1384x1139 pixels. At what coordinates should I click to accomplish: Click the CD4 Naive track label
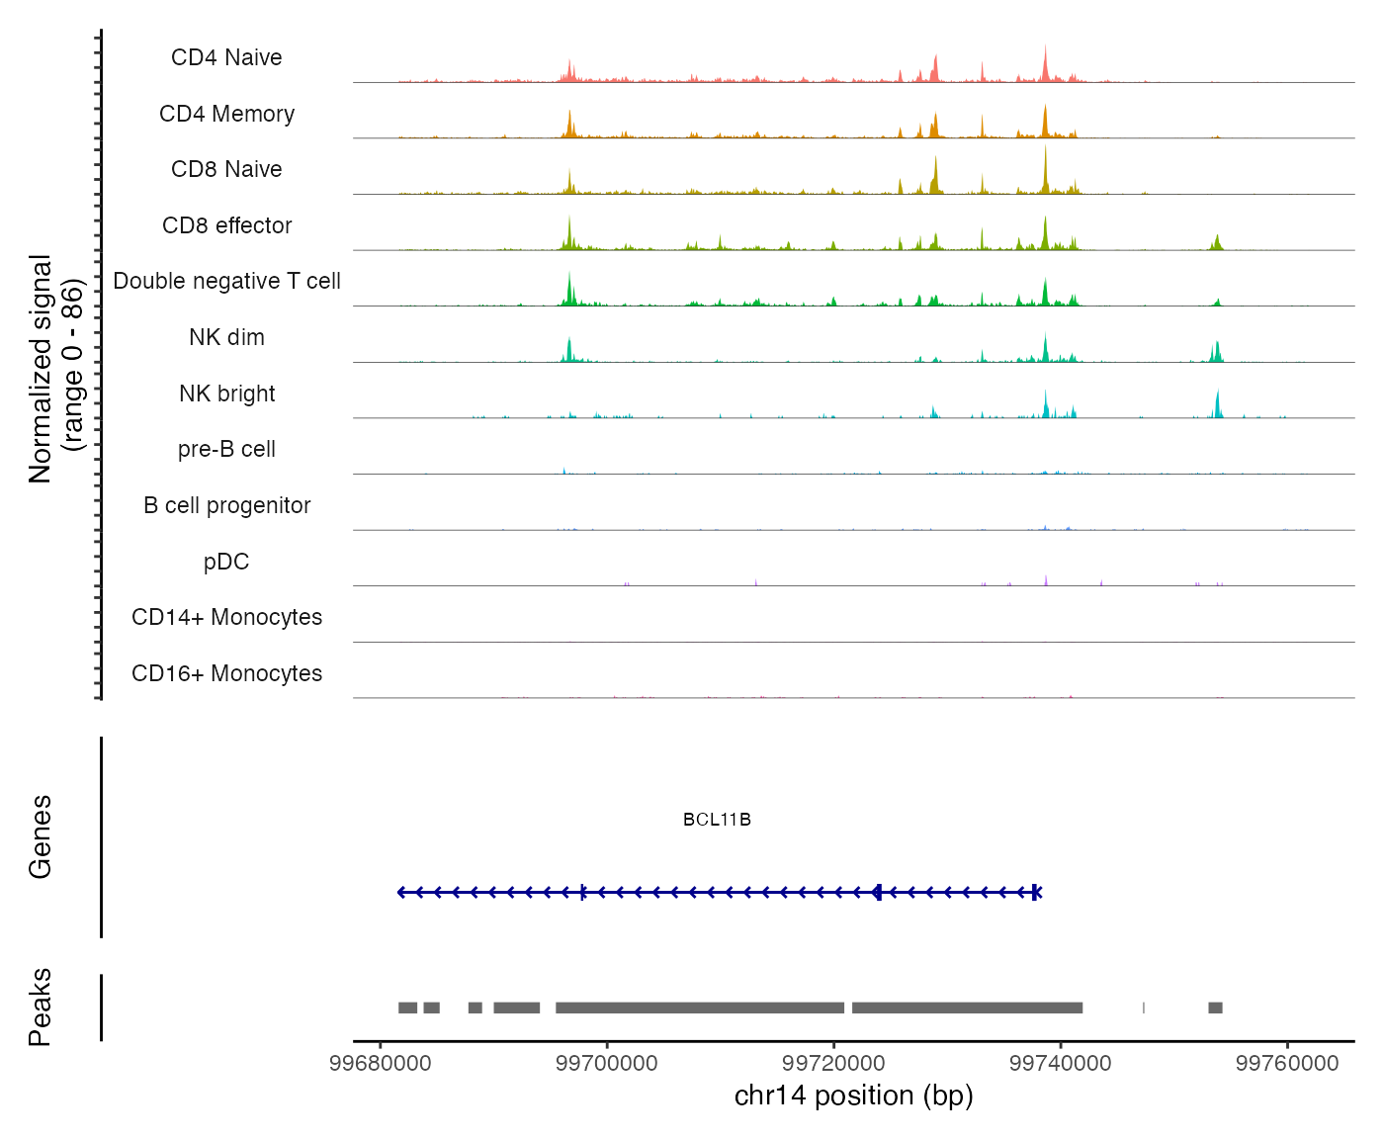pyautogui.click(x=226, y=57)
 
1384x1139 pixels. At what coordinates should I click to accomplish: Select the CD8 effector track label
pyautogui.click(x=226, y=225)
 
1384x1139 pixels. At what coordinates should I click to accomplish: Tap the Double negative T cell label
pyautogui.click(x=226, y=282)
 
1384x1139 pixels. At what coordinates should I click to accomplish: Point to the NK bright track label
pyautogui.click(x=226, y=394)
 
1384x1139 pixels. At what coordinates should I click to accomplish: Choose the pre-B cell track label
pyautogui.click(x=226, y=450)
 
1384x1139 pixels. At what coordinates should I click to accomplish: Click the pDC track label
pyautogui.click(x=226, y=562)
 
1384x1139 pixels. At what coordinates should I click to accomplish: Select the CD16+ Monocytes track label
pyautogui.click(x=226, y=673)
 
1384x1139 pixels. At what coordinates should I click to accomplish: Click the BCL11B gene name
pyautogui.click(x=717, y=820)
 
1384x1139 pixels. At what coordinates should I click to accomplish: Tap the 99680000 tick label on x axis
pyautogui.click(x=381, y=1064)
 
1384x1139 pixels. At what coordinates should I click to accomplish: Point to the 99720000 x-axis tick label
pyautogui.click(x=833, y=1064)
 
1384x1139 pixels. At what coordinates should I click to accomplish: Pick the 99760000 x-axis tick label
pyautogui.click(x=1287, y=1064)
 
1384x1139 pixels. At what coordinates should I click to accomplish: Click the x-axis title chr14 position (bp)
pyautogui.click(x=853, y=1095)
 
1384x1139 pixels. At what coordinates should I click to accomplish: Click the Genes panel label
pyautogui.click(x=40, y=836)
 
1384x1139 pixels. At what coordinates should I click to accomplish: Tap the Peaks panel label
pyautogui.click(x=40, y=1007)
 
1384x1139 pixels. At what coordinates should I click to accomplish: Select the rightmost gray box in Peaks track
pyautogui.click(x=1215, y=1008)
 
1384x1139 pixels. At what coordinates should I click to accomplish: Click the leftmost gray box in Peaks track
pyautogui.click(x=407, y=1008)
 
